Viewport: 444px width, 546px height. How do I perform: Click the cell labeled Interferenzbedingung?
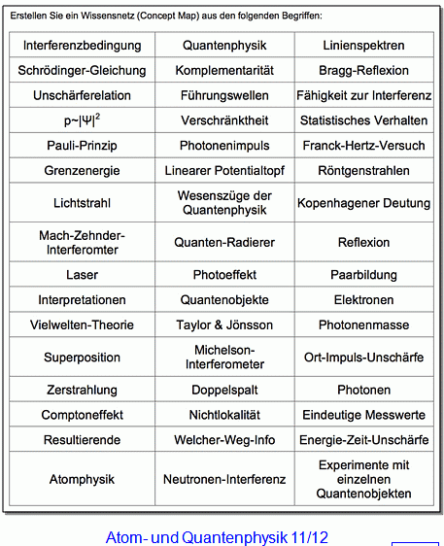[x=82, y=46]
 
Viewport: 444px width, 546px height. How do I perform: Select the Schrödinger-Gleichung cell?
[x=82, y=71]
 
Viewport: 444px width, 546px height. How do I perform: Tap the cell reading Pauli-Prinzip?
[x=82, y=146]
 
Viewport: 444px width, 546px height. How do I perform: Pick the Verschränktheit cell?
[x=224, y=120]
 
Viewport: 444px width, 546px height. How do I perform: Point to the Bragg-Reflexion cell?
[x=363, y=71]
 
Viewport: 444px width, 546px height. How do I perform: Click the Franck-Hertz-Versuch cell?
[x=363, y=146]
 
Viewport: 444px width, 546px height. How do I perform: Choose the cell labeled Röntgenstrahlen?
[x=363, y=171]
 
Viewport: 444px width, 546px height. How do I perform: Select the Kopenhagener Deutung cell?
[x=363, y=203]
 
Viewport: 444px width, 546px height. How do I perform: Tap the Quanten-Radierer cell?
[x=224, y=242]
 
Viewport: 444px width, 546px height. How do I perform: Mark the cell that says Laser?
[x=82, y=275]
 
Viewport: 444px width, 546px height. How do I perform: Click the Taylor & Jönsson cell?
[x=224, y=324]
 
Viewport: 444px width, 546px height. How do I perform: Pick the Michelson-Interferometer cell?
[x=224, y=357]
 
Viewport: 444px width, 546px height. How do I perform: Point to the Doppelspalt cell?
[x=224, y=390]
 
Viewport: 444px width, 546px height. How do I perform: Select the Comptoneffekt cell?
[x=82, y=415]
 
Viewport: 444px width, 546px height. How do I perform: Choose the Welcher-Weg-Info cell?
[x=224, y=440]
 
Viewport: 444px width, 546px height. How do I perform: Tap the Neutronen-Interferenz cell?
[x=224, y=479]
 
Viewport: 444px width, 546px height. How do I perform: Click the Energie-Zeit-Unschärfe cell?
[x=363, y=440]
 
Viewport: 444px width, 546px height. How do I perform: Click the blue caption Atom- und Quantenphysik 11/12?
[x=217, y=536]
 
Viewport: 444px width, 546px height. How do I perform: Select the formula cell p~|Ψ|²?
[x=82, y=120]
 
